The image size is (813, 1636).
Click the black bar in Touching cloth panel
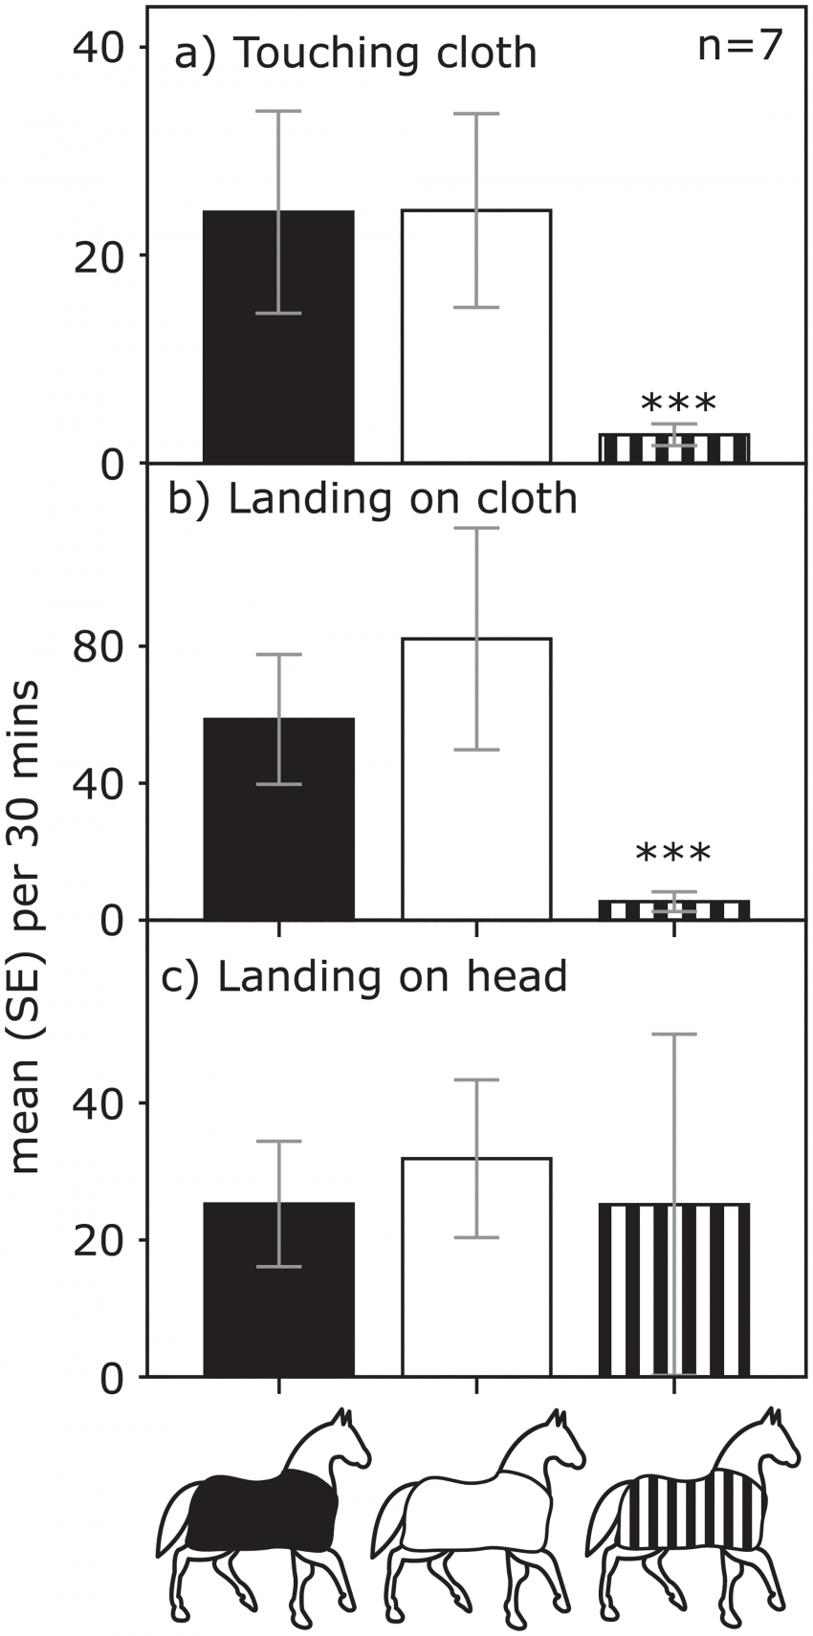(x=278, y=336)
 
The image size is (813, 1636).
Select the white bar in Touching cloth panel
(x=476, y=336)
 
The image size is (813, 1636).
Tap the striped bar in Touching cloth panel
(x=674, y=447)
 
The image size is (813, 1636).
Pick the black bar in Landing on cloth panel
(x=278, y=818)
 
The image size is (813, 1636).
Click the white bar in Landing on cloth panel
(x=476, y=778)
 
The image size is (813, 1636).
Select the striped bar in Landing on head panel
(x=674, y=1289)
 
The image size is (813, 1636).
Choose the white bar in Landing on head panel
(x=476, y=1267)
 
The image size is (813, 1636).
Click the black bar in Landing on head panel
(x=278, y=1289)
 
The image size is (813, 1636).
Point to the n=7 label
(x=739, y=48)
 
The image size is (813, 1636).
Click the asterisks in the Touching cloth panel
(x=678, y=403)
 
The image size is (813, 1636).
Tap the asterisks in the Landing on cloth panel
(x=673, y=852)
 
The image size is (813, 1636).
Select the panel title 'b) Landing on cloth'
(x=372, y=499)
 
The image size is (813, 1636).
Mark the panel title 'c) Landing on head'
(x=363, y=975)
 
